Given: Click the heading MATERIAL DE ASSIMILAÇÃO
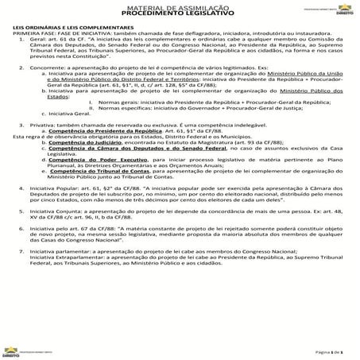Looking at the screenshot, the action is (180, 7).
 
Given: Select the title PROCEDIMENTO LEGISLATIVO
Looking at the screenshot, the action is (180, 14).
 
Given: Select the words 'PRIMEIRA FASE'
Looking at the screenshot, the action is (33, 33).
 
